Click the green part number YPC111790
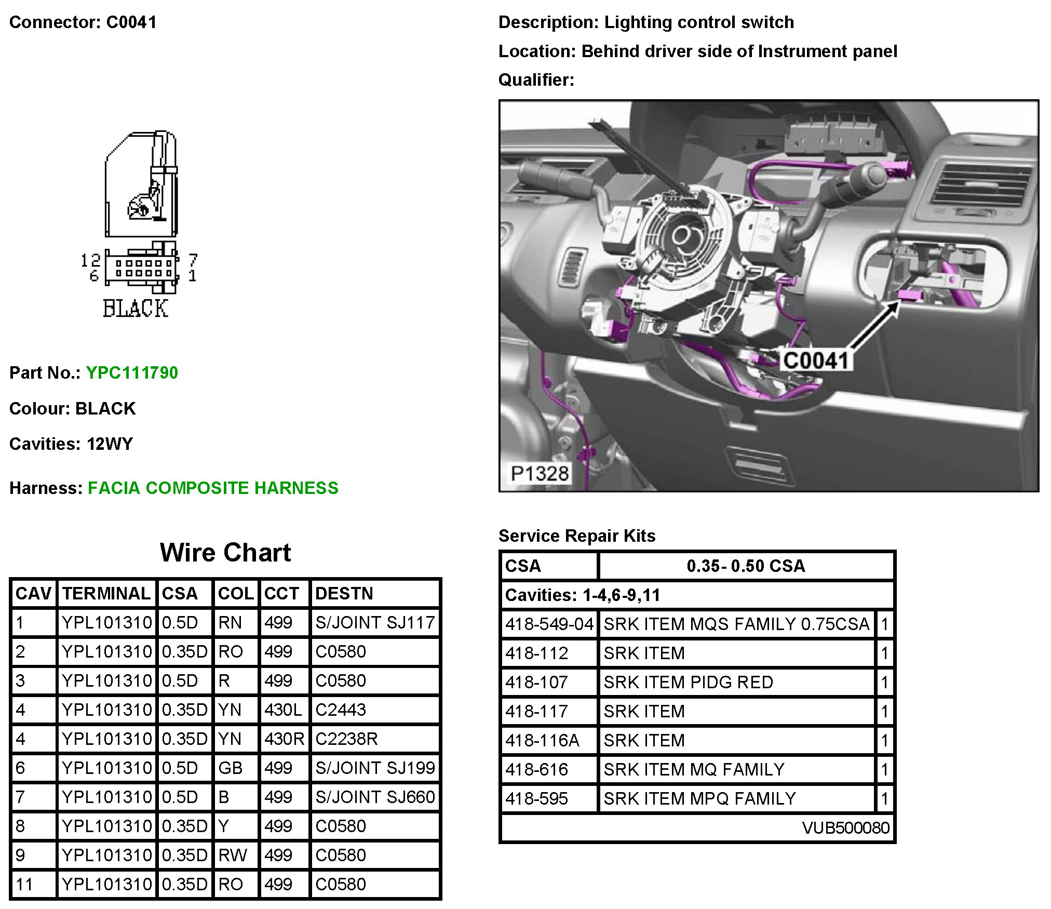132,373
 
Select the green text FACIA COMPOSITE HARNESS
213,488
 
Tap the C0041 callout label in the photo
815,360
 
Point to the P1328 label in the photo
540,473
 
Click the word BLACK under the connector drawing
135,309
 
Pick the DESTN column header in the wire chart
344,593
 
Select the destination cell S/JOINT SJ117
374,622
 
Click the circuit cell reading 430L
283,710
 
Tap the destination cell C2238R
346,739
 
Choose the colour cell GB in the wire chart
230,768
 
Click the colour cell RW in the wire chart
232,855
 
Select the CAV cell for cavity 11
24,884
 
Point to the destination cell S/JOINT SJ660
374,797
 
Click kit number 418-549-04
549,624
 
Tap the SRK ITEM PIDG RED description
688,682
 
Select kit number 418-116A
542,740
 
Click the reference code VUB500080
845,827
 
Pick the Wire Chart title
225,553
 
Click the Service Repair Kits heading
576,536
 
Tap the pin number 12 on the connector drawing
90,260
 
